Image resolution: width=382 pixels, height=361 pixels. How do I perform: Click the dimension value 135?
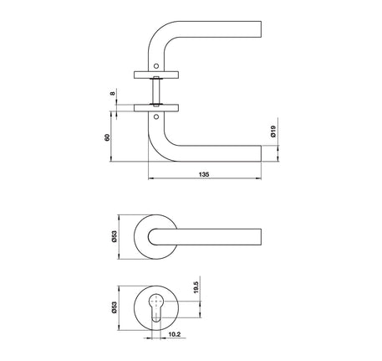click(x=204, y=173)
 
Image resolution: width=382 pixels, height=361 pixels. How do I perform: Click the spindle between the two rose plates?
click(x=155, y=90)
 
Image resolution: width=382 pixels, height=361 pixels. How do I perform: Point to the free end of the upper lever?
click(x=260, y=31)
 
